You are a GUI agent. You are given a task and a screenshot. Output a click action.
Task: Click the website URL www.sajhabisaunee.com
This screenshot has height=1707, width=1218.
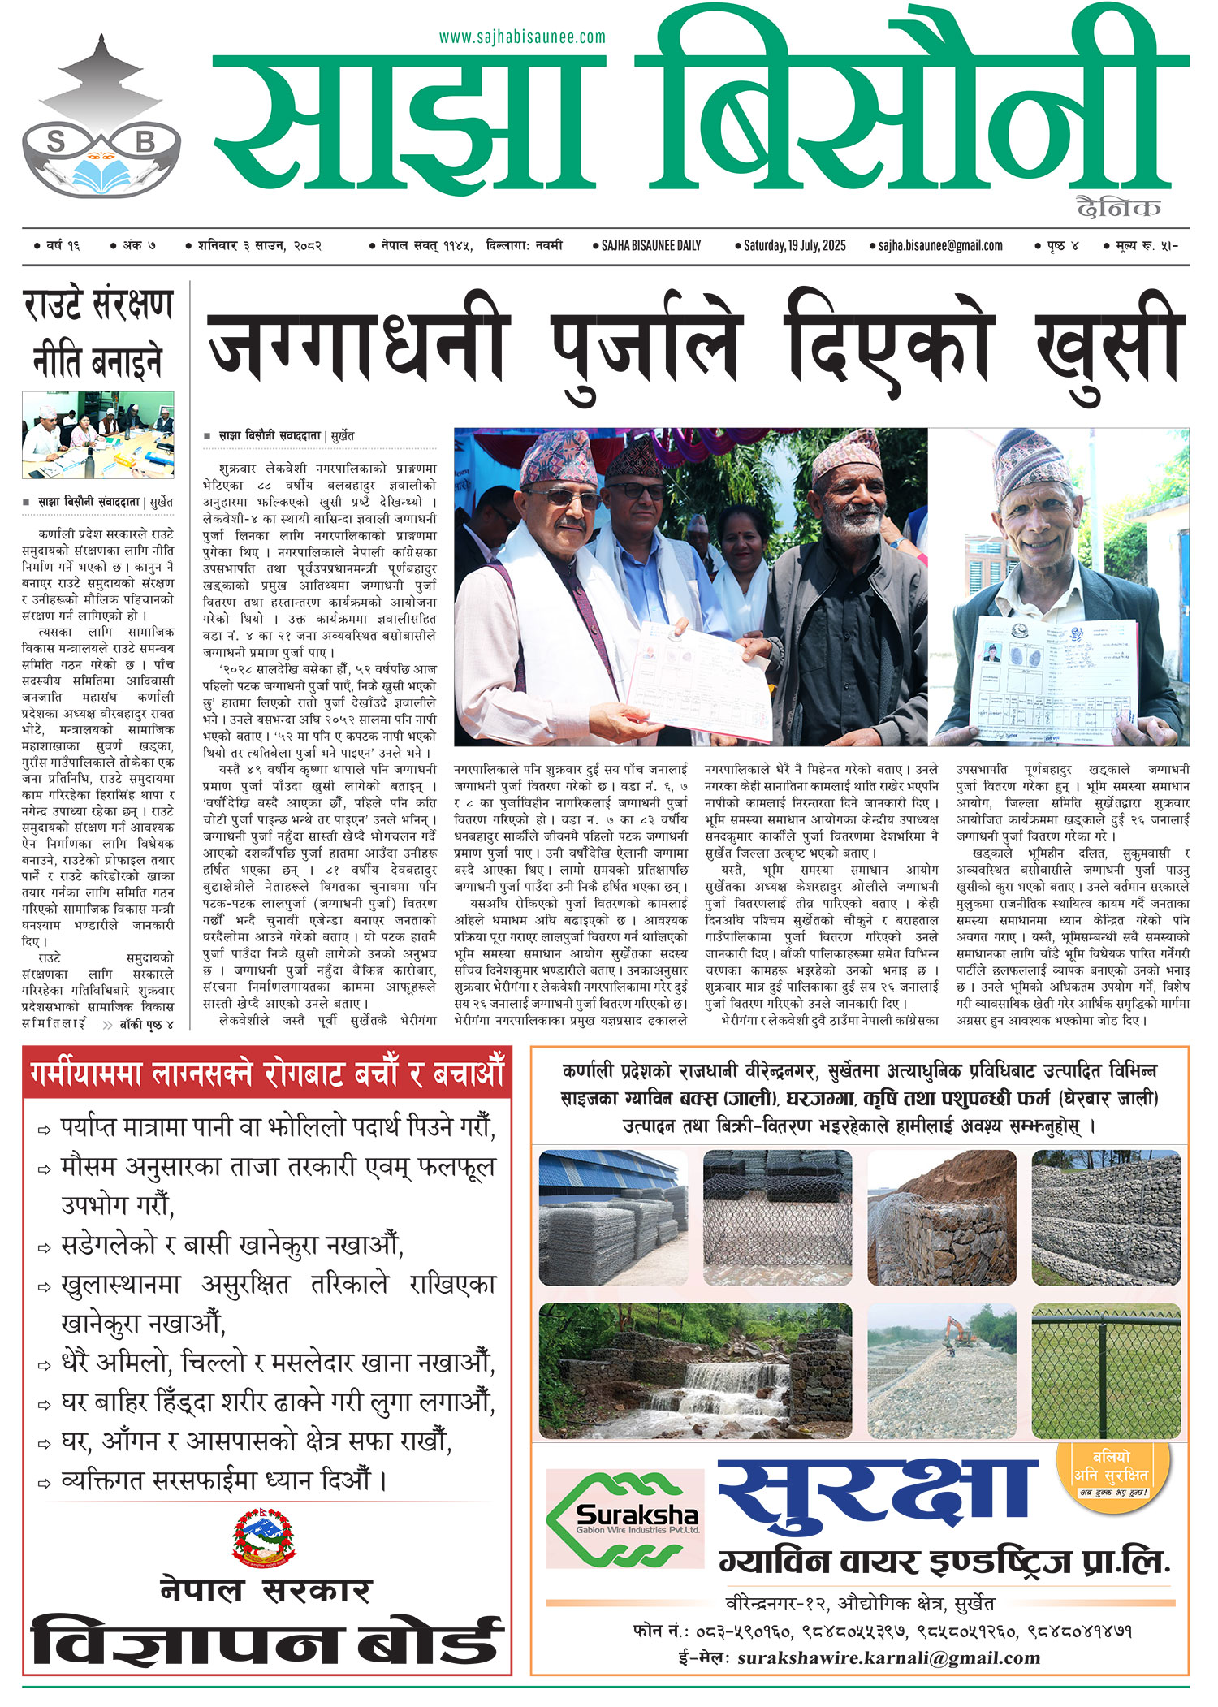click(x=522, y=37)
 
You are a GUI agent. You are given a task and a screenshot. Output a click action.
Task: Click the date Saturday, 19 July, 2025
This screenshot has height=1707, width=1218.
click(x=794, y=245)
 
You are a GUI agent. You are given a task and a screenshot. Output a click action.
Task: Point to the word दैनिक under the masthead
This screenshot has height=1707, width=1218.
click(x=1118, y=208)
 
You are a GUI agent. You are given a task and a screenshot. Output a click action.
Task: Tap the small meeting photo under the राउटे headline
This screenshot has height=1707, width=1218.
click(x=98, y=434)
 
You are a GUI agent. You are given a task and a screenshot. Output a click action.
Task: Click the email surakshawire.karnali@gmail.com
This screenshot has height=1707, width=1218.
click(x=888, y=1657)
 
